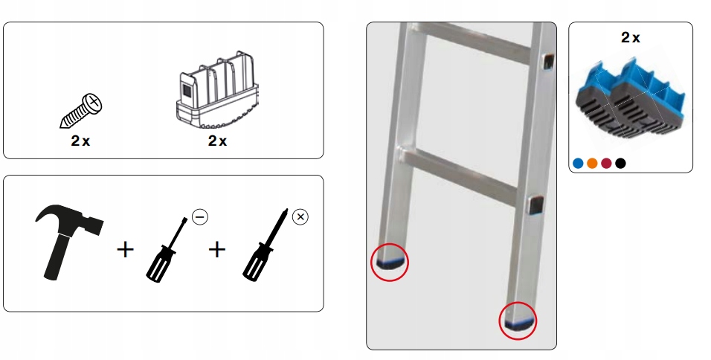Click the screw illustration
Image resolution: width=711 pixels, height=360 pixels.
tap(81, 111)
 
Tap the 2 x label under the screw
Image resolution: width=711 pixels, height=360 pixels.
tap(80, 141)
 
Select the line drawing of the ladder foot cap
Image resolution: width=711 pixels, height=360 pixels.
tap(218, 91)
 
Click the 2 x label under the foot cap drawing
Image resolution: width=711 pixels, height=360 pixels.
tap(217, 141)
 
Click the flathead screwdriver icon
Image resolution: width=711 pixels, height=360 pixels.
tap(166, 250)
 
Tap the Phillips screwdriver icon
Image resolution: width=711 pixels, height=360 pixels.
tap(266, 245)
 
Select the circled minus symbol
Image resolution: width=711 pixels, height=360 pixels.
tap(200, 217)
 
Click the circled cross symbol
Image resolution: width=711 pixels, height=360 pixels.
tap(300, 217)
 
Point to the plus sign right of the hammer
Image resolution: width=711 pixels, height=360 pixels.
tap(125, 250)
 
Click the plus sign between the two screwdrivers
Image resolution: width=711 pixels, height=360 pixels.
tap(216, 250)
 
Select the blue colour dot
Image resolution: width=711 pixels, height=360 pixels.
tap(578, 164)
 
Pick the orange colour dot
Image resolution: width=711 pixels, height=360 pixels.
tap(592, 164)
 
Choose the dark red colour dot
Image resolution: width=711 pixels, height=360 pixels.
tap(606, 164)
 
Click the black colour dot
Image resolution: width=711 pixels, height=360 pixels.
tap(621, 164)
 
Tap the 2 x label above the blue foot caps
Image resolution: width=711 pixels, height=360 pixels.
tap(630, 38)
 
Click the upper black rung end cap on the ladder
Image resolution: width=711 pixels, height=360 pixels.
tap(548, 61)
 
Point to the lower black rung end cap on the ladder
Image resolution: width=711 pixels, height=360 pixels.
tap(535, 205)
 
